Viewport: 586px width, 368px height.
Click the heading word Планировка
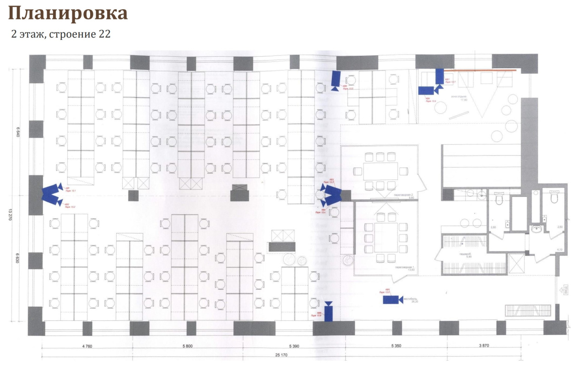pos(68,14)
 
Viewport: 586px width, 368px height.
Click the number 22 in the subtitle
pos(104,35)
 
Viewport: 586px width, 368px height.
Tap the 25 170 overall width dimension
pos(293,355)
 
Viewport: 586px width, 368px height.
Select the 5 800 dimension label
pos(186,346)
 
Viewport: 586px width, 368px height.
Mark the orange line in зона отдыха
pos(481,70)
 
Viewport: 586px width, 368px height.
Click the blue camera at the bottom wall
pos(328,312)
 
